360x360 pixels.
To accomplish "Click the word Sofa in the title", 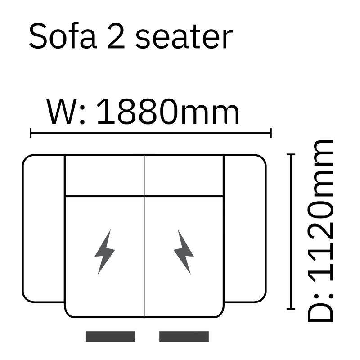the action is point(63,36).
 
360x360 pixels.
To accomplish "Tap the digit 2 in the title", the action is point(116,36).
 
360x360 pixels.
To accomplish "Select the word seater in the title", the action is point(184,37).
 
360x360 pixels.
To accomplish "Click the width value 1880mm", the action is point(168,112).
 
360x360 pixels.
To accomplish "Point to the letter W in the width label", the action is point(62,112).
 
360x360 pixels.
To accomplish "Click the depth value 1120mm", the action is point(321,211).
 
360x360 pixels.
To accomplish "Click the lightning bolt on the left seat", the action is point(105,252).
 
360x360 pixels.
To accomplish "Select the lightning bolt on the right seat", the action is point(184,252).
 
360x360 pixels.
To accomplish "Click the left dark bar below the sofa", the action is point(111,336).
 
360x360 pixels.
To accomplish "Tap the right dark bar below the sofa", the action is point(184,336).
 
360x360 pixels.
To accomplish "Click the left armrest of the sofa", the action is point(44,229).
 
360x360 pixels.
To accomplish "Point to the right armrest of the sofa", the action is point(245,229).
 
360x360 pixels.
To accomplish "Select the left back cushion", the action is point(105,175).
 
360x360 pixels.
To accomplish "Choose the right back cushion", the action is point(184,175).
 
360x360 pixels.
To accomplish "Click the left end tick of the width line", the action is point(31,133).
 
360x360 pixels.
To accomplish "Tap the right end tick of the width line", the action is point(271,133).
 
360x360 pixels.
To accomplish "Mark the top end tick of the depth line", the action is point(291,154).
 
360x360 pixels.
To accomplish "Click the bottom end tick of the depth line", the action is point(291,309).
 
